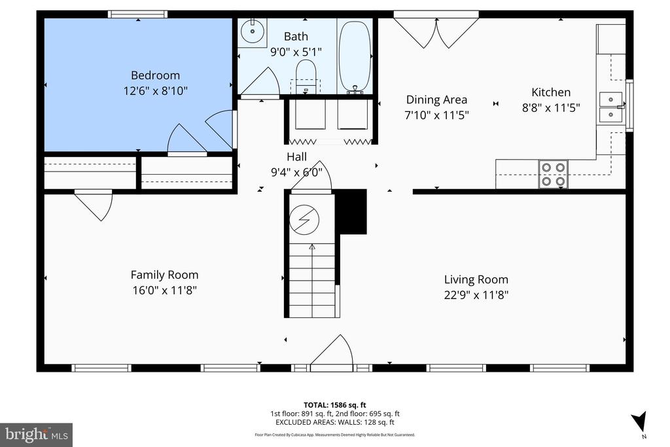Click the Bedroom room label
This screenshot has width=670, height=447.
(155, 75)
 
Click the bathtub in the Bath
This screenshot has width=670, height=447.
(355, 56)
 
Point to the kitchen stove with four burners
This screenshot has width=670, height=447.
(553, 174)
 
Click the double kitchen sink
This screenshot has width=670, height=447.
(612, 107)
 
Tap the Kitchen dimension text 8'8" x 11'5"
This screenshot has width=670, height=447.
(550, 108)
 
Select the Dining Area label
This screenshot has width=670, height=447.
(436, 99)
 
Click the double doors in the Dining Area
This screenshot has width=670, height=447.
(436, 31)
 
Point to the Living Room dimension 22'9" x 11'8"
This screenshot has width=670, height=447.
(476, 295)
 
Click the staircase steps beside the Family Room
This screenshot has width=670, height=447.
(311, 281)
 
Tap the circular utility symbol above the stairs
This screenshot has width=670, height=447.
(302, 219)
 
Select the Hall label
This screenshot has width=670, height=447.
(296, 156)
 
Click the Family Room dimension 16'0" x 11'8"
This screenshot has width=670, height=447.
(164, 290)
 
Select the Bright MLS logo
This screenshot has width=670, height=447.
(36, 435)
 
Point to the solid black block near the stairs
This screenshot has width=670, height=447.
(351, 211)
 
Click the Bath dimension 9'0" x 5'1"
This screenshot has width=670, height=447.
(296, 51)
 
